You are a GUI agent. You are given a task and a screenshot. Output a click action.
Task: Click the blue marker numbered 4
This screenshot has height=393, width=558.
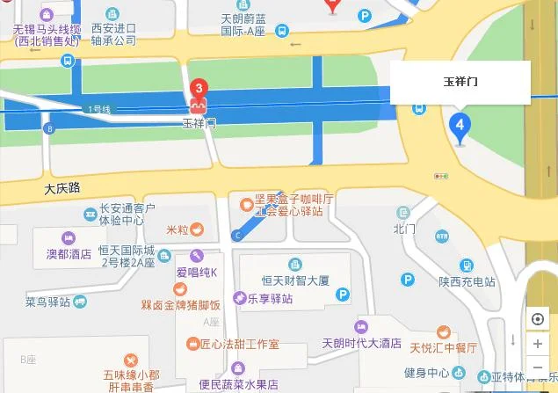[x=458, y=125]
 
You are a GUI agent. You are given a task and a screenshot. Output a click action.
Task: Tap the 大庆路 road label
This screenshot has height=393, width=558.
[x=62, y=188]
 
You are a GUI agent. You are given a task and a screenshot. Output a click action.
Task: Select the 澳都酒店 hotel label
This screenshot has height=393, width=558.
[x=69, y=254]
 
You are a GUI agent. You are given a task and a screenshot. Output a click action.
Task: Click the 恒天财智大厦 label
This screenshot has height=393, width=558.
[x=294, y=280]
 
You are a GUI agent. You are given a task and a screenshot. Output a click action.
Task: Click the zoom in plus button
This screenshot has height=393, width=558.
[x=538, y=344]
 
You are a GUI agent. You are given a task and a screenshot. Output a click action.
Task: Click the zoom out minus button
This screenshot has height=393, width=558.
[x=538, y=367]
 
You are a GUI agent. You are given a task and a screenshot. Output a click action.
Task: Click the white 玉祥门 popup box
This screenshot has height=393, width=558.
[x=460, y=83]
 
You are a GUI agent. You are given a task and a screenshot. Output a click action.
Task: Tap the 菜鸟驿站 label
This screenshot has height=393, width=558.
[x=47, y=302]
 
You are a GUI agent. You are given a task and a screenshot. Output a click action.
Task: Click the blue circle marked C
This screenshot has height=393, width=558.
[x=236, y=235]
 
